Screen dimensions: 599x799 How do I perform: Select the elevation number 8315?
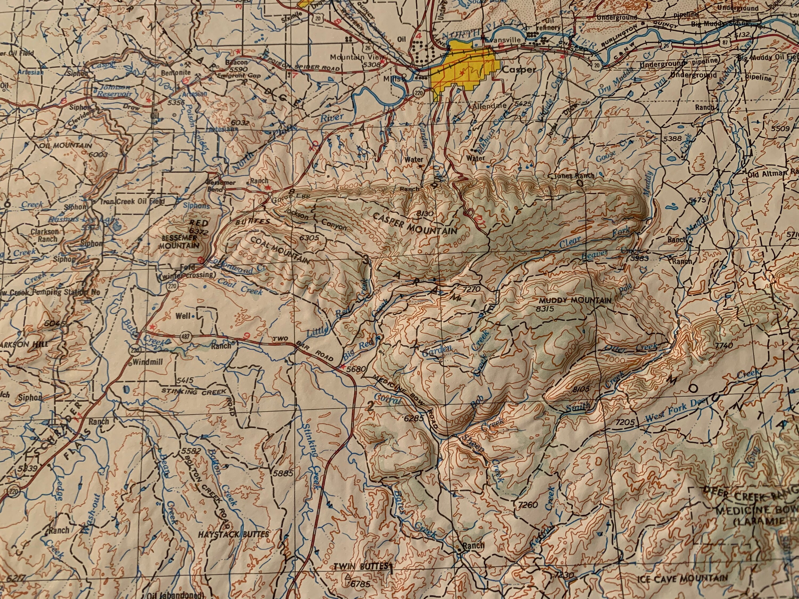tap(545, 309)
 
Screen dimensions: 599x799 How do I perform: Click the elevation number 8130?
tap(425, 214)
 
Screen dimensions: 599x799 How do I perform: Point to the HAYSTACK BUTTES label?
tap(233, 534)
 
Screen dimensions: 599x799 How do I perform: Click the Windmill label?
tap(148, 362)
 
